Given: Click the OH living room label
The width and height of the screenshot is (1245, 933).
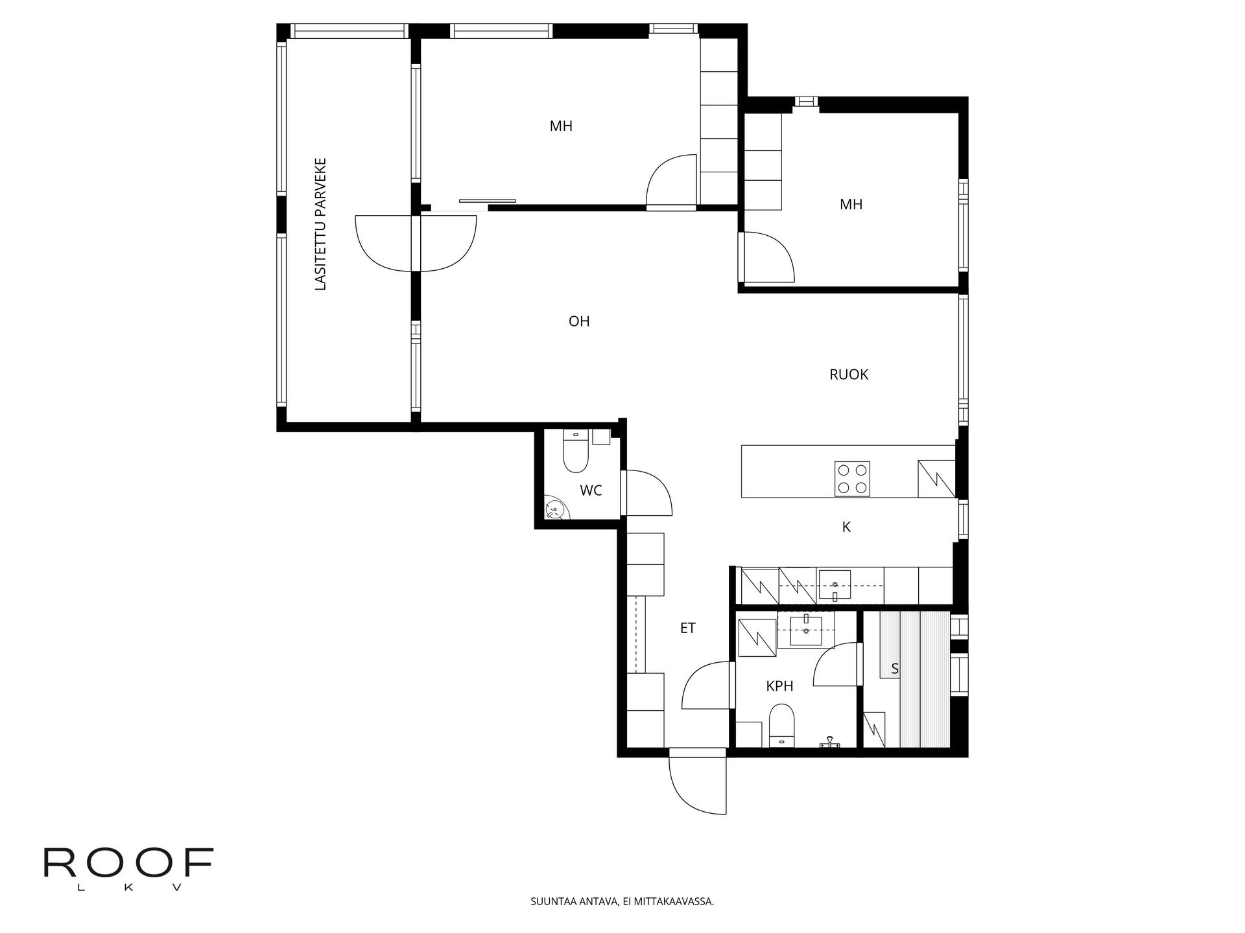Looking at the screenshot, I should coord(579,321).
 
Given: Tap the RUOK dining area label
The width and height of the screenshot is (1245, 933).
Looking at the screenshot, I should coord(848,374).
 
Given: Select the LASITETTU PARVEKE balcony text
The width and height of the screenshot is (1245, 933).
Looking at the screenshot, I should coord(320,224).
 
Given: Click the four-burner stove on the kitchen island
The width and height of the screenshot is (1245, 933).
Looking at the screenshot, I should coord(852,479).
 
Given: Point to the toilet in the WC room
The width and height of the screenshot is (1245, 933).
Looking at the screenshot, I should coord(575,452).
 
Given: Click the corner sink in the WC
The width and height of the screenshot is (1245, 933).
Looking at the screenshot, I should coord(554,510).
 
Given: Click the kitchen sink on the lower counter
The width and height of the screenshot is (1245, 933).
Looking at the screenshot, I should coord(835,585).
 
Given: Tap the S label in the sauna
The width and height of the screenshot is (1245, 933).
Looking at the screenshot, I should coord(895,669).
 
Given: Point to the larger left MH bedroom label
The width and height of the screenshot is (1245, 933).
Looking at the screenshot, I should coord(561,126).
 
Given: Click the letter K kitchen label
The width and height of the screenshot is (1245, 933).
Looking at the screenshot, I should coord(846,527).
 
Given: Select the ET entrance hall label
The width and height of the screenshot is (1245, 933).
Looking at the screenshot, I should coord(687,628).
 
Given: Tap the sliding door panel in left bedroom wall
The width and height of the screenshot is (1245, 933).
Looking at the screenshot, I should coord(487,201).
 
